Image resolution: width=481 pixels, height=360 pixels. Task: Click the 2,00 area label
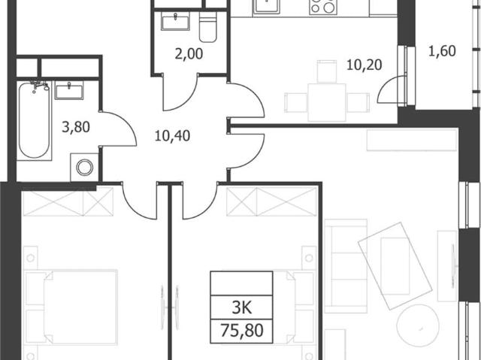coord(189,54)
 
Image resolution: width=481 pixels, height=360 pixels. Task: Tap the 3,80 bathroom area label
coord(76,127)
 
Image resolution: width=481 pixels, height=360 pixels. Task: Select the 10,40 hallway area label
coord(172,135)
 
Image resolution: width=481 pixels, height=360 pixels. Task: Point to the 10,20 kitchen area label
coord(364,65)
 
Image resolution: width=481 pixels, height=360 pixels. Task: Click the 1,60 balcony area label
coord(442,51)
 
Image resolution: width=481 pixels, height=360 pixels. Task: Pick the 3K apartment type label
coord(242,307)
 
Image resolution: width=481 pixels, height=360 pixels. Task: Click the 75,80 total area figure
coord(242,331)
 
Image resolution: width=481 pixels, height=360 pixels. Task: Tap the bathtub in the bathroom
coord(34,120)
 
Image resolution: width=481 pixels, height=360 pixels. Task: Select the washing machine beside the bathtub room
coord(85,168)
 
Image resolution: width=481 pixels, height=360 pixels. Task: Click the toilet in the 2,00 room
coord(208,27)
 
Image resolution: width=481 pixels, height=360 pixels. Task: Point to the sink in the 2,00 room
coord(175,22)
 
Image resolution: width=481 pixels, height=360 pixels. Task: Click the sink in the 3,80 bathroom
coord(69,90)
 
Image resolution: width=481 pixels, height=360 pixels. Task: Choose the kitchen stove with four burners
coord(322,6)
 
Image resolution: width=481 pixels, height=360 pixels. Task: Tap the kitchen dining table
coord(327,102)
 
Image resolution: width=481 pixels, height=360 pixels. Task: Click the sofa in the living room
coord(346,266)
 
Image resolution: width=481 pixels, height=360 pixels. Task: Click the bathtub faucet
coord(39,86)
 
